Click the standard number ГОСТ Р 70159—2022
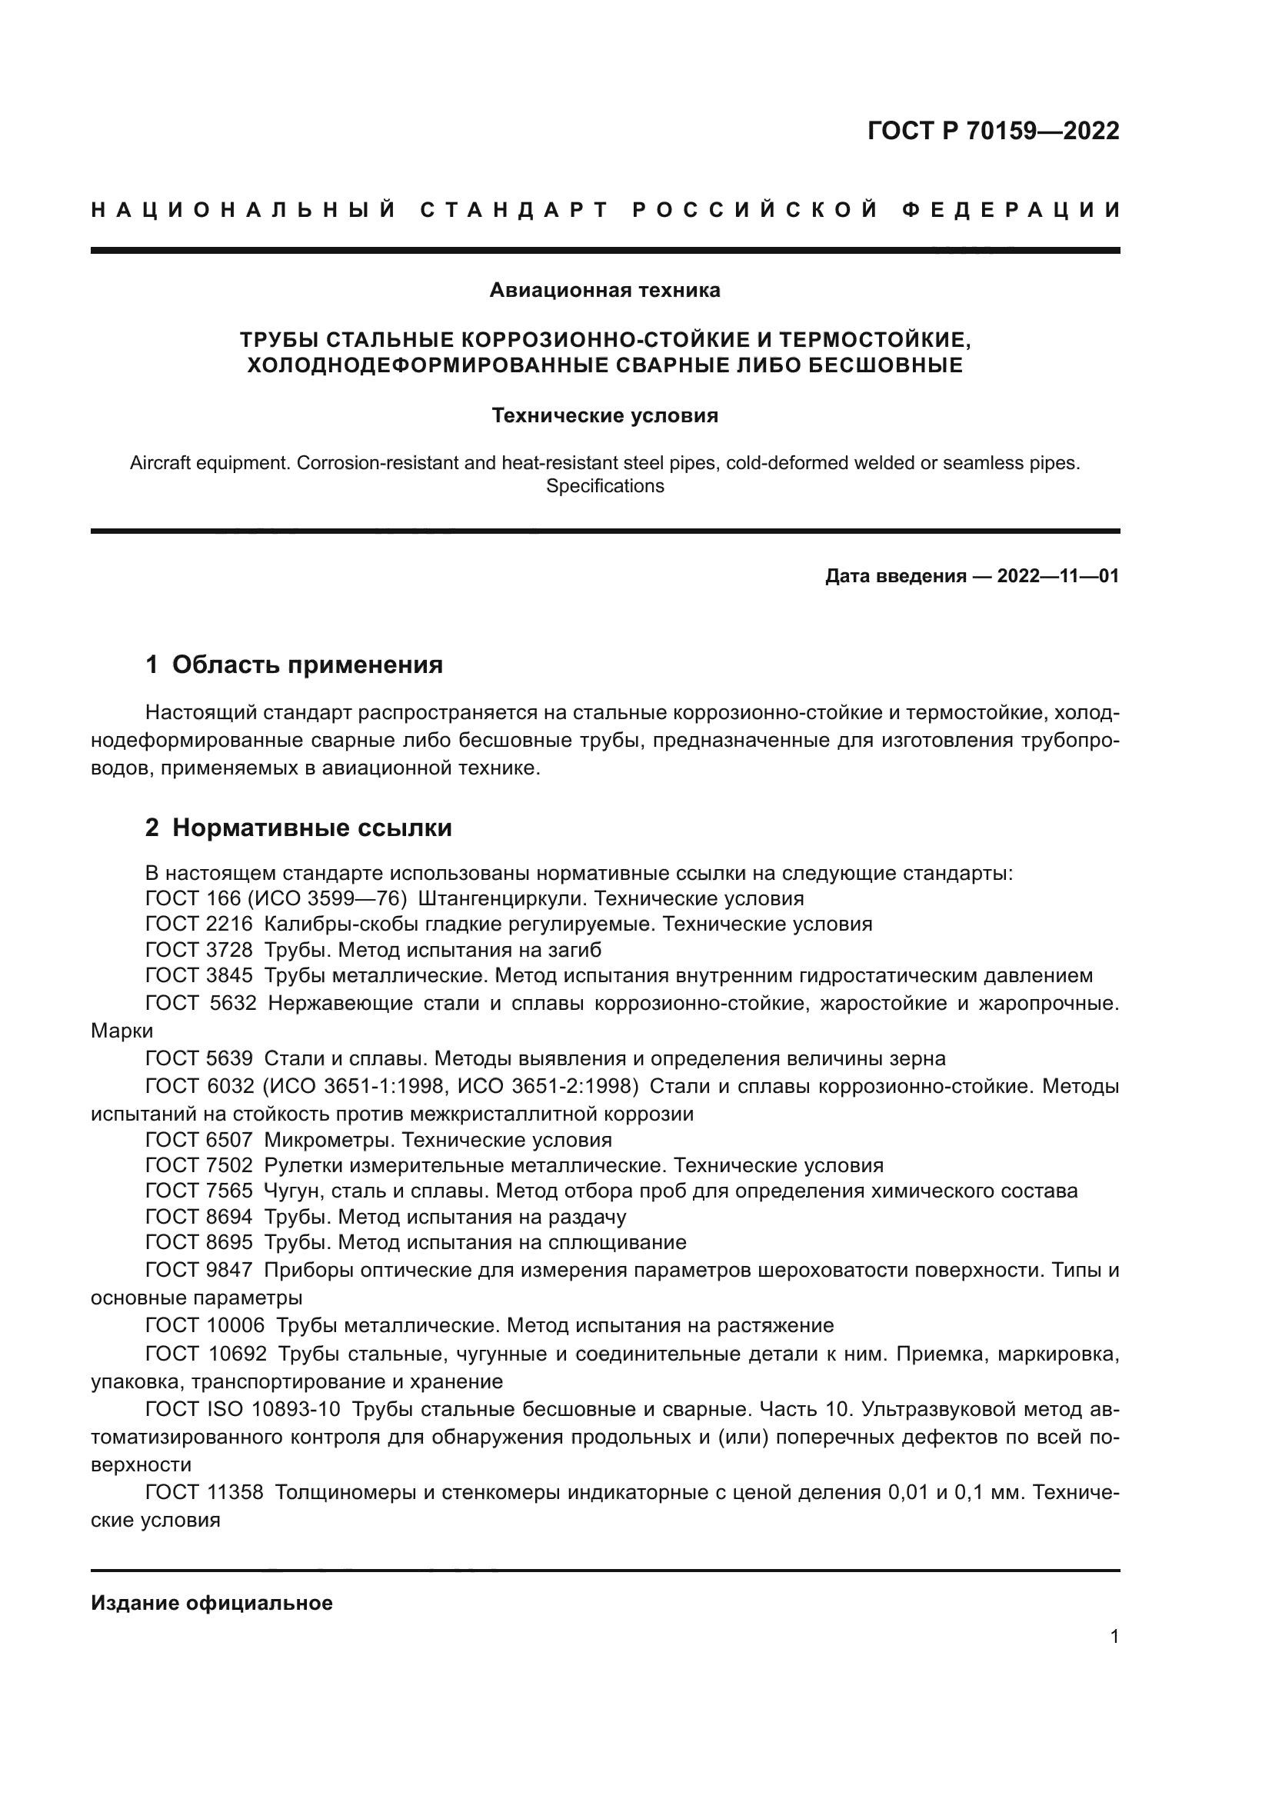tap(992, 131)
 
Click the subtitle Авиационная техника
tap(604, 291)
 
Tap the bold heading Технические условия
tap(604, 415)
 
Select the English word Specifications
tap(604, 486)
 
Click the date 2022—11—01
tap(1057, 577)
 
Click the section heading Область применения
tap(307, 665)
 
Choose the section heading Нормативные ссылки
tap(311, 828)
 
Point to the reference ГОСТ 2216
tap(199, 924)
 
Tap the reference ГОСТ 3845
tap(199, 976)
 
